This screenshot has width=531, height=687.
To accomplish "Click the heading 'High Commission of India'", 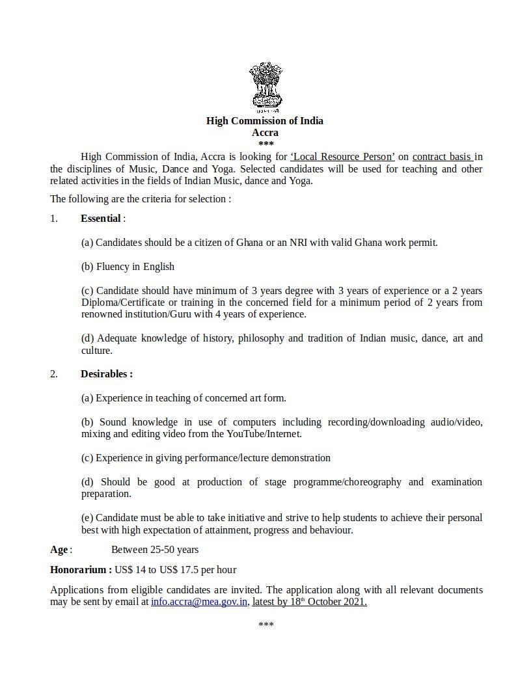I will click(x=265, y=120).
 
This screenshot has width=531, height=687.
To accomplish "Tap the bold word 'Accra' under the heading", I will click(x=265, y=132).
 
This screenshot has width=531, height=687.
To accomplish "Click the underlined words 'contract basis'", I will click(x=442, y=157).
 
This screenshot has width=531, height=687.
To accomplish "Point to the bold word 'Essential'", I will click(x=101, y=219).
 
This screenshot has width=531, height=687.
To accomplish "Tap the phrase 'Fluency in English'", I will click(x=135, y=266).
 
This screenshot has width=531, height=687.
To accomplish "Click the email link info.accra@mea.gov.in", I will click(x=199, y=602).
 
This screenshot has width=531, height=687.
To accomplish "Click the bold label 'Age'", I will click(x=59, y=550).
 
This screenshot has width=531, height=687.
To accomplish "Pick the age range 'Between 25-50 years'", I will click(x=155, y=550).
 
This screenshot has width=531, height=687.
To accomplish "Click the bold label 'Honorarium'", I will click(x=79, y=570).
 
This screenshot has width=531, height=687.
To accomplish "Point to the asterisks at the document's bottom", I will click(x=265, y=625).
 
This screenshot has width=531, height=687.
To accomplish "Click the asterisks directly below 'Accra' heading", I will click(x=265, y=144).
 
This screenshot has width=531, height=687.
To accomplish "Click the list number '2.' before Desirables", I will click(x=54, y=374).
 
